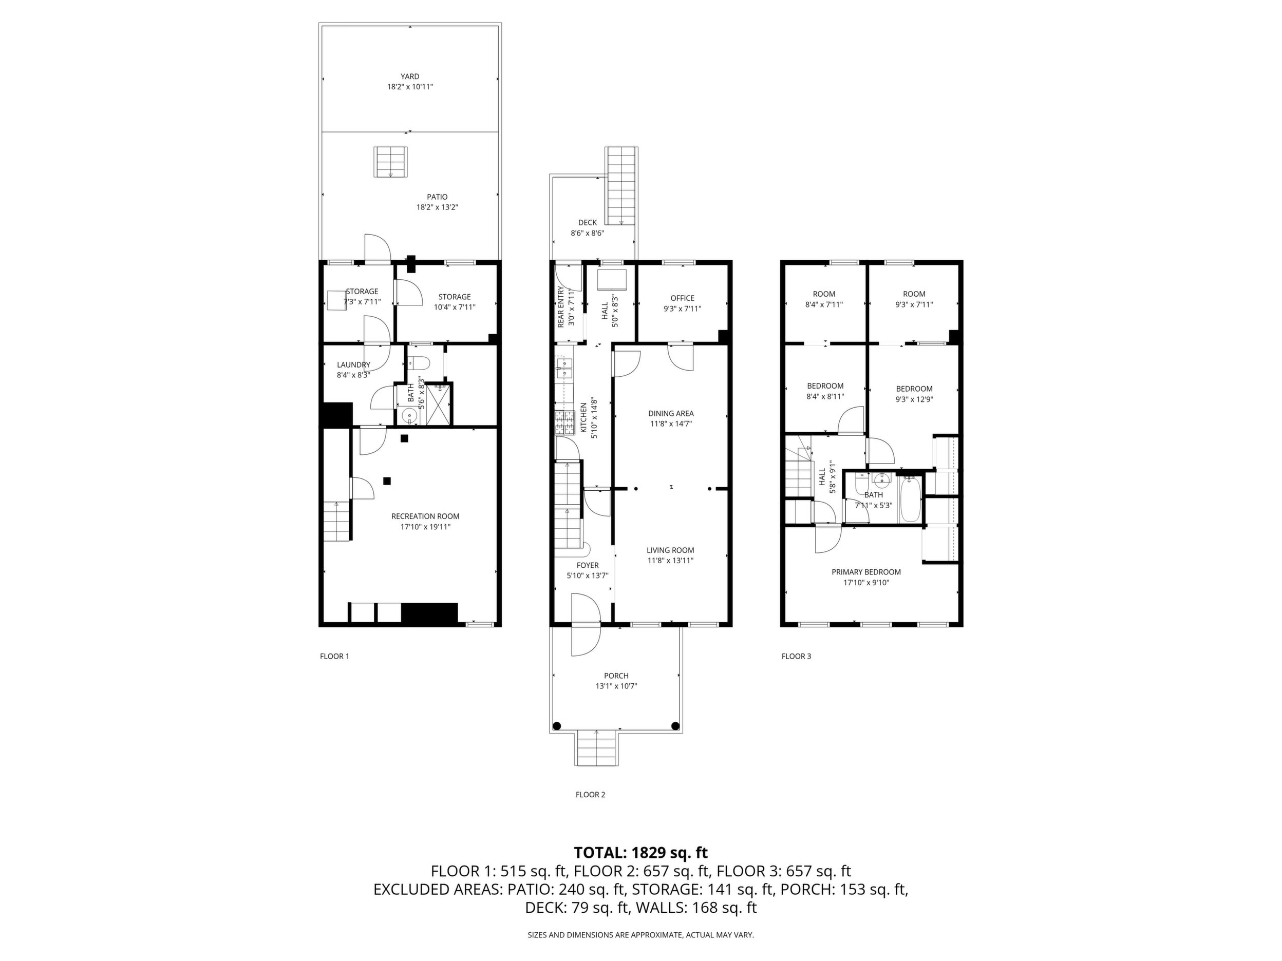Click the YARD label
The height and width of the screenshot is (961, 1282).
[410, 76]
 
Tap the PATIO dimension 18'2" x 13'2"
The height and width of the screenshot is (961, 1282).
[437, 207]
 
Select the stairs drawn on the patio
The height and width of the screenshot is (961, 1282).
[391, 162]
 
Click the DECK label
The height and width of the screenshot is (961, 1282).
[587, 222]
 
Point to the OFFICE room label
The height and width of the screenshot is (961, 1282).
[682, 298]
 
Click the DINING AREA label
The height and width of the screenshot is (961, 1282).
[671, 414]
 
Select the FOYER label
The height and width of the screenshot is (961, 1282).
[587, 565]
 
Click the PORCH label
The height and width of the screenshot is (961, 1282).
[616, 676]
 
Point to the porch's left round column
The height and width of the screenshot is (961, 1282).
[557, 726]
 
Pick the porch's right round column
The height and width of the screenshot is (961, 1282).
[674, 726]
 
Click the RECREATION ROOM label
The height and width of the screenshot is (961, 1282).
[425, 516]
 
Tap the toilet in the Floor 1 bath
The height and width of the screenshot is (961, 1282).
[418, 363]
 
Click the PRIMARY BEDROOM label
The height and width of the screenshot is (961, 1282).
[866, 572]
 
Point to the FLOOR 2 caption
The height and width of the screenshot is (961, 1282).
[590, 795]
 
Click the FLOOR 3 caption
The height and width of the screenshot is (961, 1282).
[796, 656]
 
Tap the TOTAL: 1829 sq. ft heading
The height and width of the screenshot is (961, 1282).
[640, 853]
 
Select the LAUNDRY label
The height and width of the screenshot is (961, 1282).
[353, 365]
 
